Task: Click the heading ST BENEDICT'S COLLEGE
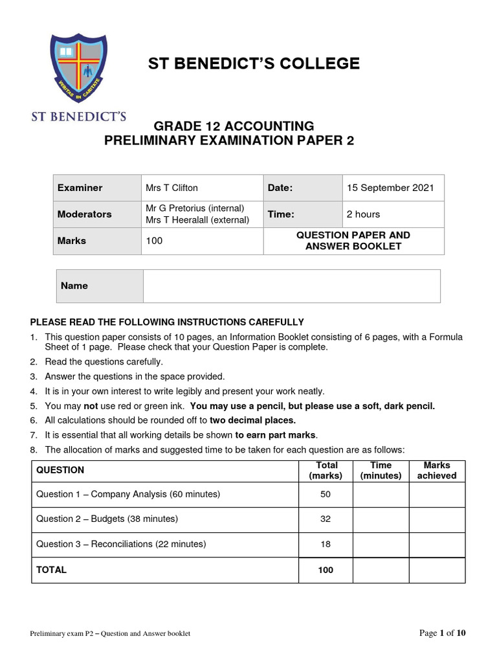254,63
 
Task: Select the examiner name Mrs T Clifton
171,188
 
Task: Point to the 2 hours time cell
363,214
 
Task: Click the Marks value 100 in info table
154,241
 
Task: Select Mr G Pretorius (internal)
195,208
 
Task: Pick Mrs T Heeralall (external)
197,220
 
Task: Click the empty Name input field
291,286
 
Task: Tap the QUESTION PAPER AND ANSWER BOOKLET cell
353,241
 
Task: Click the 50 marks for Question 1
326,495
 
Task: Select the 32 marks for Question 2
326,519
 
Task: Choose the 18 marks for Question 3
326,545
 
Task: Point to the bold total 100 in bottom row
326,570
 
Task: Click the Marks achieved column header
436,471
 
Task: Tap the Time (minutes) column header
381,471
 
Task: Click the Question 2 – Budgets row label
107,519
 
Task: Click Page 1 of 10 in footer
443,633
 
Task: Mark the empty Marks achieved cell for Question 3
436,545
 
